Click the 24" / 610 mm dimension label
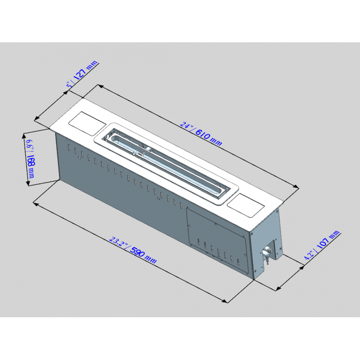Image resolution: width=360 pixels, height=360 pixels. pyautogui.click(x=201, y=134)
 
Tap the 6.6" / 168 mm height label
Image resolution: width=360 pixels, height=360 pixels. pyautogui.click(x=30, y=159)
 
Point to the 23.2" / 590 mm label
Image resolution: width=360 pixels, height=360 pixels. pyautogui.click(x=133, y=250)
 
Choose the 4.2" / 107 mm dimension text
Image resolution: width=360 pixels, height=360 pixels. pyautogui.click(x=321, y=245)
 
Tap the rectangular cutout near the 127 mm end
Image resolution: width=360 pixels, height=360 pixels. pyautogui.click(x=87, y=123)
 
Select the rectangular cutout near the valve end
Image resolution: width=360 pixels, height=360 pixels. pyautogui.click(x=246, y=205)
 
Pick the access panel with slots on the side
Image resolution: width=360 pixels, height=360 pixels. pyautogui.click(x=217, y=240)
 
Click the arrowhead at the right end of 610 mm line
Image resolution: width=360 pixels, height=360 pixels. pyautogui.click(x=296, y=187)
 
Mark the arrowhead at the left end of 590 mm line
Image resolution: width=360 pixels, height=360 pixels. pyautogui.click(x=36, y=204)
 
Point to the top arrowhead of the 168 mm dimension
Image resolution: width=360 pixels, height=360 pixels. pyautogui.click(x=24, y=136)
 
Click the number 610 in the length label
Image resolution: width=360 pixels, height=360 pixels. pyautogui.click(x=203, y=135)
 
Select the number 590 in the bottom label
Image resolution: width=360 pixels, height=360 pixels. pyautogui.click(x=137, y=252)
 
